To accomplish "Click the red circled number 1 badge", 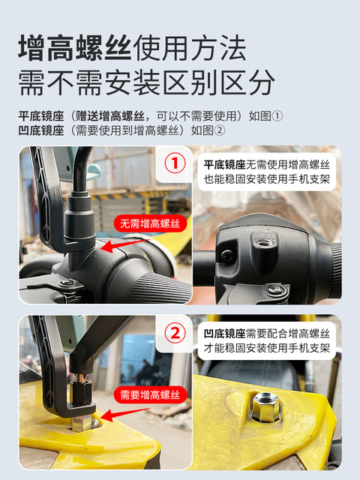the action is tap(175, 163).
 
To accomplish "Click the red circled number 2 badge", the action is tap(175, 333).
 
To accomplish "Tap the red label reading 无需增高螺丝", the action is tap(150, 223).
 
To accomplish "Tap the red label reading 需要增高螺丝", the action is tap(150, 394).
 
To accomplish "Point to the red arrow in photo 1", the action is tap(125, 245).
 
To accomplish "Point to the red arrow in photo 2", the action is tap(125, 414).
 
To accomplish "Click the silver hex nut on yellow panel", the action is tap(265, 406).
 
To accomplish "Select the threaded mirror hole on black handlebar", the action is tap(263, 243).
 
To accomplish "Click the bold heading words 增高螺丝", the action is tap(75, 49).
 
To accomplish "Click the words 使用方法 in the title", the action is tap(190, 49).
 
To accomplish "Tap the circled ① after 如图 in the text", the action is tap(277, 116).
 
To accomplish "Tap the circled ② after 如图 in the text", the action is tap(220, 130).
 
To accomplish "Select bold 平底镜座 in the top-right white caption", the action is tap(225, 165).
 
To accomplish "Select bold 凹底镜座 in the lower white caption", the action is tap(225, 333).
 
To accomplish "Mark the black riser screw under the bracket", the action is tap(80, 393).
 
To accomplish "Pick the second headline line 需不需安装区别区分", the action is tap(147, 82).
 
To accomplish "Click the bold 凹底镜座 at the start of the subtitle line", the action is tap(41, 130).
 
